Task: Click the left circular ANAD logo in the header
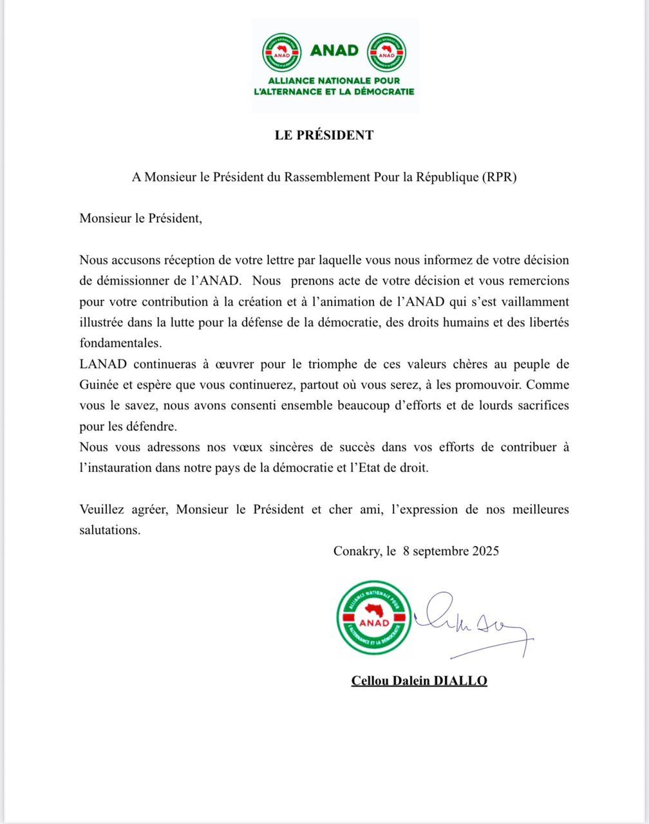click(x=282, y=51)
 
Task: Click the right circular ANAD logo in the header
click(x=386, y=51)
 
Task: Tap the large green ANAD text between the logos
click(x=334, y=50)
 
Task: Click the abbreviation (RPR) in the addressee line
click(x=500, y=178)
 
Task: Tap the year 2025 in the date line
click(x=482, y=551)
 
